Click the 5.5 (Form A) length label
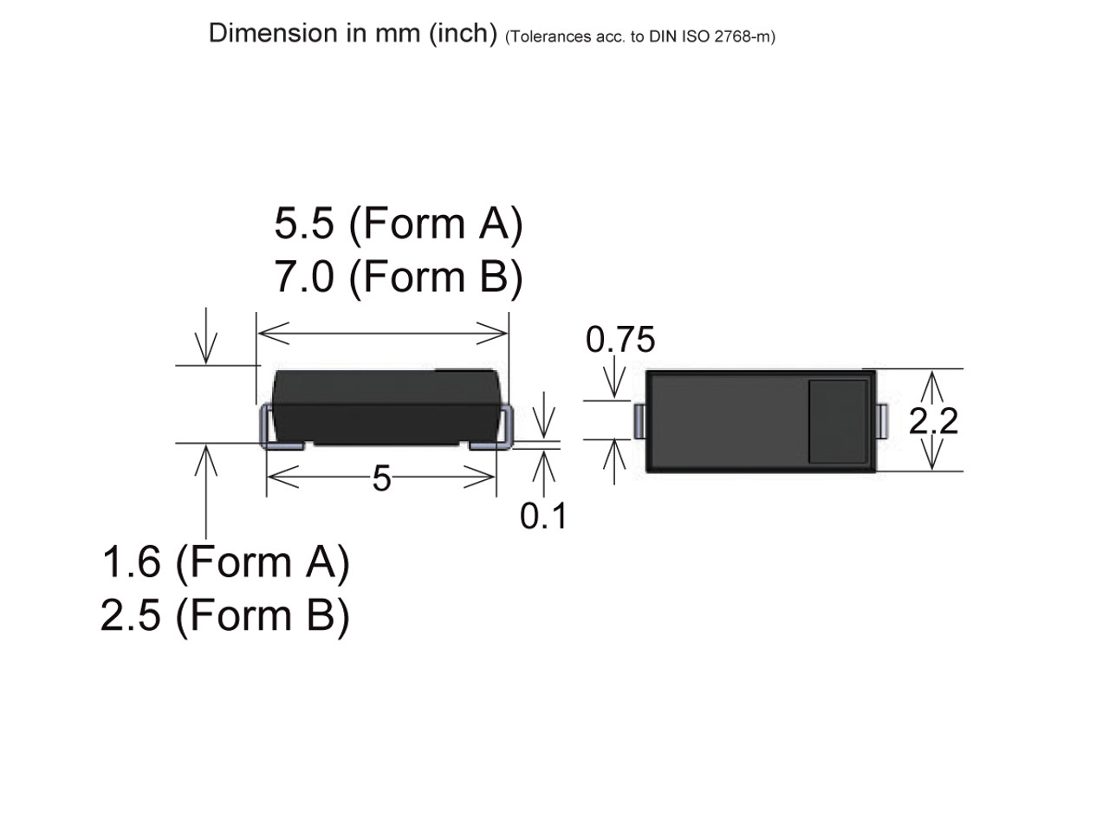pyautogui.click(x=399, y=224)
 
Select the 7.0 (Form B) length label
pyautogui.click(x=399, y=277)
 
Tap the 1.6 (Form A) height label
pyautogui.click(x=225, y=562)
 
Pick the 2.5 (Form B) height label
pyautogui.click(x=225, y=615)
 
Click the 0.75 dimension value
pyautogui.click(x=620, y=340)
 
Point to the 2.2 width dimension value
pyautogui.click(x=933, y=421)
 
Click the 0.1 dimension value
pyautogui.click(x=542, y=517)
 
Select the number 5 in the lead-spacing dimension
pyautogui.click(x=381, y=478)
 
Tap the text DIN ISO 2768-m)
pyautogui.click(x=712, y=36)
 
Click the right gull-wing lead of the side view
pyautogui.click(x=503, y=431)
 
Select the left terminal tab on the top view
pyautogui.click(x=639, y=421)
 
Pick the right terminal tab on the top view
pyautogui.click(x=882, y=421)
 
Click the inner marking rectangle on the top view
pyautogui.click(x=838, y=421)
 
